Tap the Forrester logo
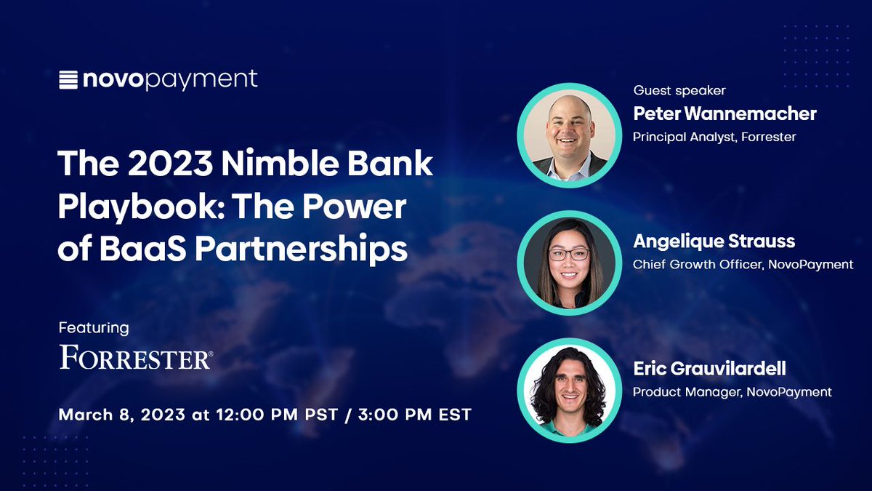136,358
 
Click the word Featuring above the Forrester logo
94,328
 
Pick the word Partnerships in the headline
299,249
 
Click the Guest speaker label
679,91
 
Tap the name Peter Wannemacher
724,113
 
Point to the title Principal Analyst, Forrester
714,137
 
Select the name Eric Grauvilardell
708,369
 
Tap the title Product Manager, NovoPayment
732,392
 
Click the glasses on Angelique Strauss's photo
569,255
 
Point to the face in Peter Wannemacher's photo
568,133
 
